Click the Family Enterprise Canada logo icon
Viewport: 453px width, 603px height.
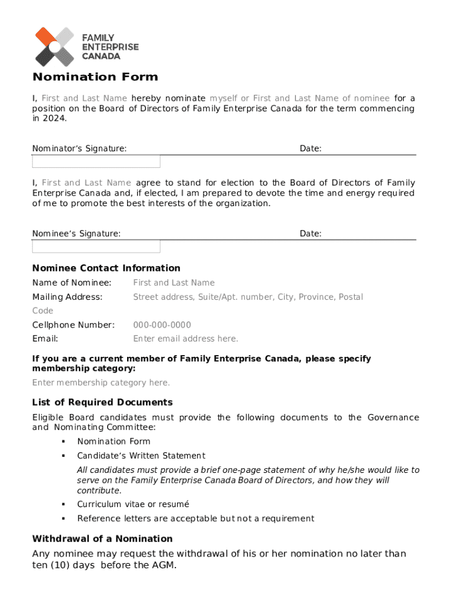click(54, 47)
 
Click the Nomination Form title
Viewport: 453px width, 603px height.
click(95, 77)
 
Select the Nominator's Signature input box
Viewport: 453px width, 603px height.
click(96, 161)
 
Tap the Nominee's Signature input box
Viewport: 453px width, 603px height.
click(96, 246)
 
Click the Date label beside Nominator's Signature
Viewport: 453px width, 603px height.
click(310, 149)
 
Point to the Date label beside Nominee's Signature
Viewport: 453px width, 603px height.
click(310, 234)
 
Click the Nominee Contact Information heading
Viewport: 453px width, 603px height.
click(106, 268)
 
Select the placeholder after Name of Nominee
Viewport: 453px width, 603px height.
click(174, 283)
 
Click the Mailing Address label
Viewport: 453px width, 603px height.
click(67, 297)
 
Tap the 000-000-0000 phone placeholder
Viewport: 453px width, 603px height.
click(162, 325)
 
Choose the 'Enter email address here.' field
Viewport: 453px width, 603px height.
click(185, 339)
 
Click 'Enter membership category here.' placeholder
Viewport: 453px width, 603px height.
click(101, 383)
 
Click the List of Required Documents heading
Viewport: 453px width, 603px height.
click(102, 403)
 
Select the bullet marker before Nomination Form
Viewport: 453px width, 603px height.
click(62, 442)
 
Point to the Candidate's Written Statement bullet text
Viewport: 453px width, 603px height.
click(141, 456)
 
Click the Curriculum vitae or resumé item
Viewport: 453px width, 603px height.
click(133, 504)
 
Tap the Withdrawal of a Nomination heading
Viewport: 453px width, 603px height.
click(102, 539)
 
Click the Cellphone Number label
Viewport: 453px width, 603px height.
click(73, 325)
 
